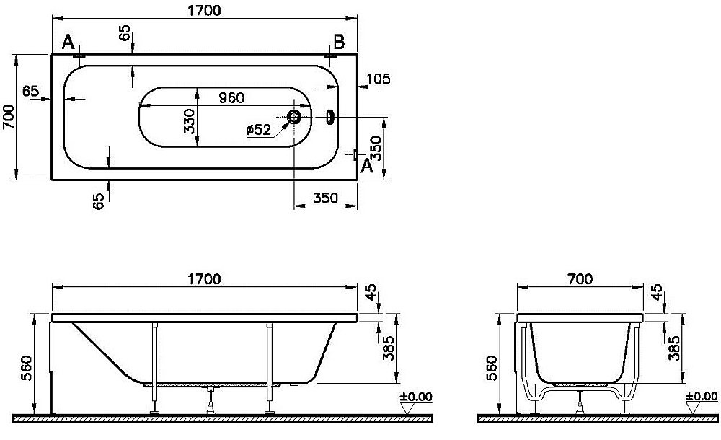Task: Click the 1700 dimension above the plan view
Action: coord(204,10)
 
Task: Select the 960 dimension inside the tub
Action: coord(231,98)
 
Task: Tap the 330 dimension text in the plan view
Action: coord(190,121)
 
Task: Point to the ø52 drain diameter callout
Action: coord(258,131)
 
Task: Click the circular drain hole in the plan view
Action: coord(293,117)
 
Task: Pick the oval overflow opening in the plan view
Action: coord(329,117)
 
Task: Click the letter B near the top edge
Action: coord(339,43)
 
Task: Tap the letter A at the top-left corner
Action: coord(68,43)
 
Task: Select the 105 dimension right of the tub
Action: coord(379,79)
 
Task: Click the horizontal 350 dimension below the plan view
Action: coord(326,198)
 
